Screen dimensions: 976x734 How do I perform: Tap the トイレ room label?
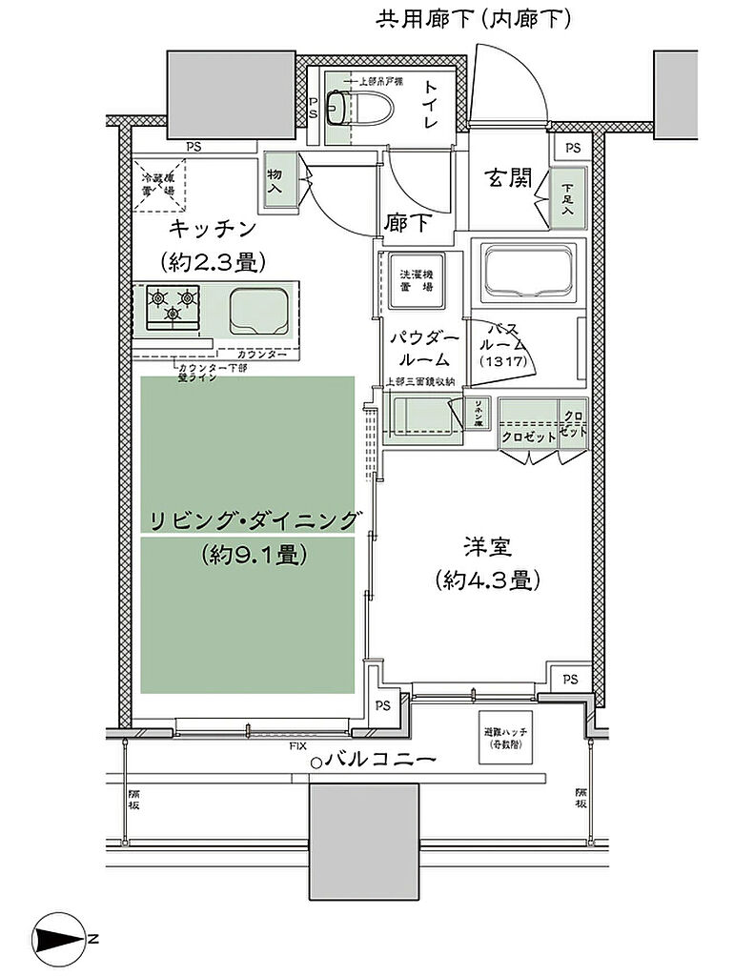pyautogui.click(x=430, y=104)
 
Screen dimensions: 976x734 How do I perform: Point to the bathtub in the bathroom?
pyautogui.click(x=527, y=274)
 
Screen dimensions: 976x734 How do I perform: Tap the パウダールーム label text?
pyautogui.click(x=424, y=349)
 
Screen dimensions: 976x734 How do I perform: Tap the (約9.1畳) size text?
pyautogui.click(x=254, y=555)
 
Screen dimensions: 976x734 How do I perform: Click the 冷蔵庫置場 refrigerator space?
pyautogui.click(x=159, y=183)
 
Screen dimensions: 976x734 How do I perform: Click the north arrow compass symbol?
pyautogui.click(x=63, y=939)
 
